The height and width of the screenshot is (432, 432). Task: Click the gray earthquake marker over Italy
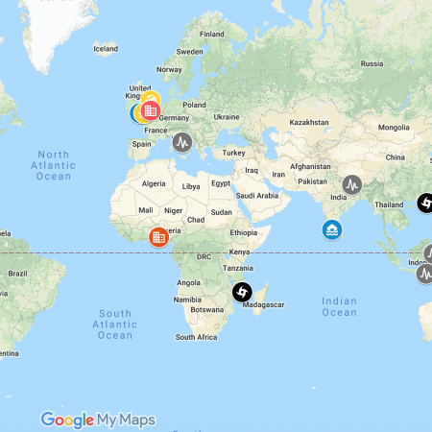click(182, 143)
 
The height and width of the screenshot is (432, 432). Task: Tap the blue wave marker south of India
click(331, 230)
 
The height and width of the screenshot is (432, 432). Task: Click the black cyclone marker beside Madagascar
click(242, 292)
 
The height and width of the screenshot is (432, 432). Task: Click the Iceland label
click(106, 48)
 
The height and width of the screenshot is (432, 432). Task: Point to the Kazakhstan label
click(309, 122)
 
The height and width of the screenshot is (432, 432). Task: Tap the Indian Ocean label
click(339, 306)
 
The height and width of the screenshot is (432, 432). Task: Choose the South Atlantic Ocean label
click(114, 324)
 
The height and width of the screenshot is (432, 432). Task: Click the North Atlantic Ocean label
click(54, 164)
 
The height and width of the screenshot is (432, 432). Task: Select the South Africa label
click(197, 337)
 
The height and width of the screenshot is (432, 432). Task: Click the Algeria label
click(154, 182)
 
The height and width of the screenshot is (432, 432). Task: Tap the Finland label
click(211, 34)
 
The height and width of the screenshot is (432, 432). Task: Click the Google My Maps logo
click(91, 420)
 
